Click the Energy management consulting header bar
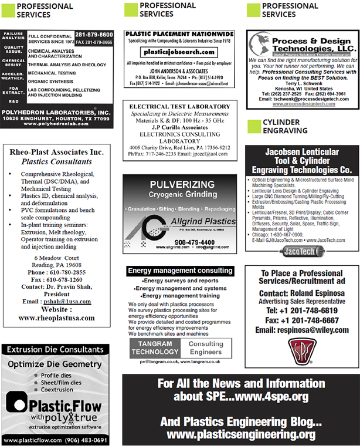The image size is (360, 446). tap(179, 271)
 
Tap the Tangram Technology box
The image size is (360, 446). tap(154, 347)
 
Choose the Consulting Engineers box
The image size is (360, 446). tap(206, 347)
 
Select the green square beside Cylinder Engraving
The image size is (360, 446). tap(253, 126)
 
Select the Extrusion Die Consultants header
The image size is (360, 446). tap(56, 349)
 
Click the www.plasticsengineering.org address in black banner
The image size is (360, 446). tap(240, 434)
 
